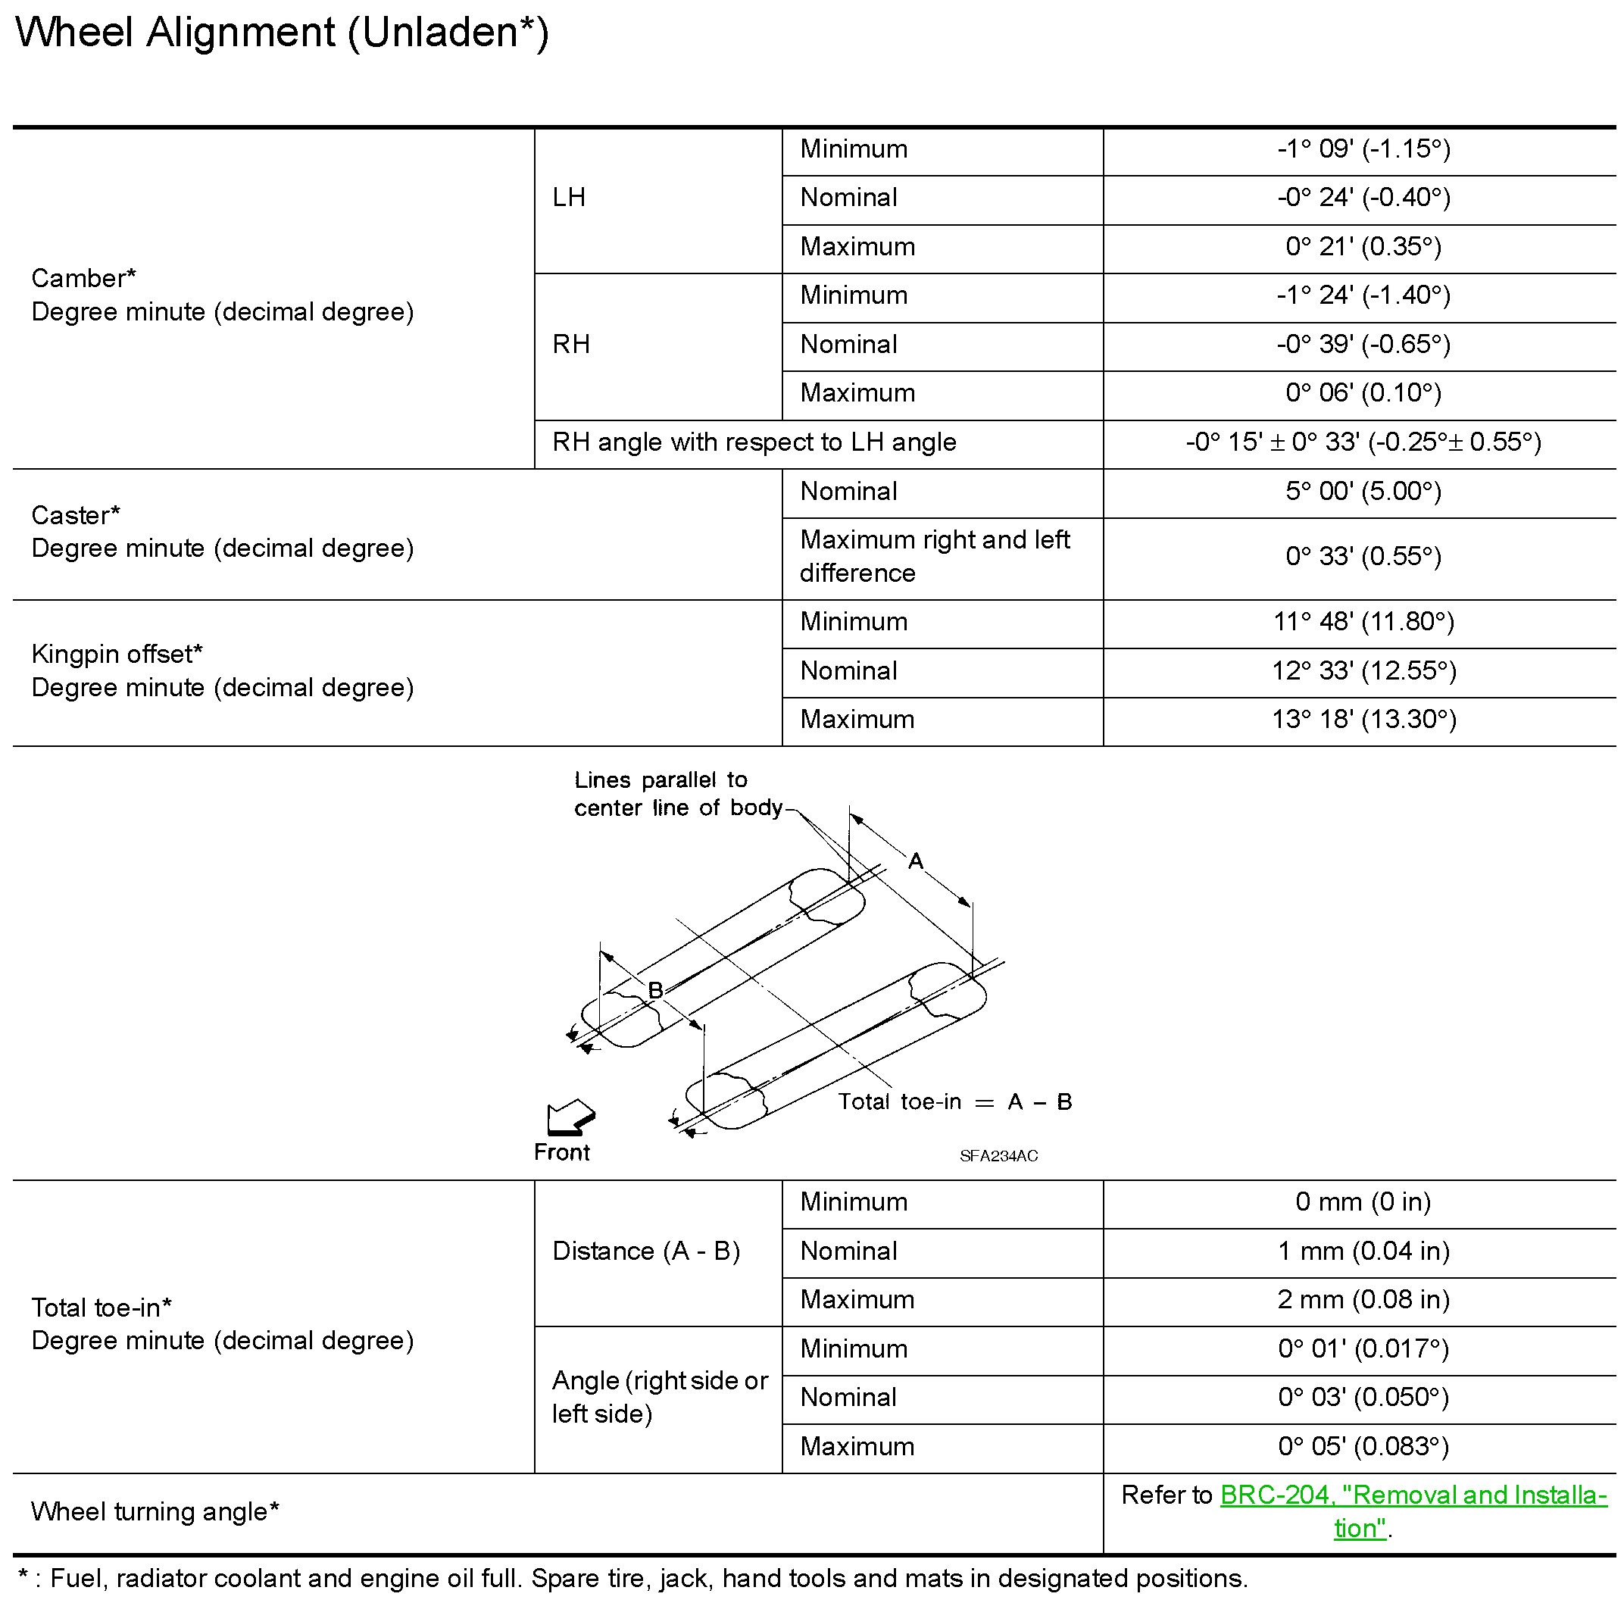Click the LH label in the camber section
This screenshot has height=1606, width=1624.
[568, 198]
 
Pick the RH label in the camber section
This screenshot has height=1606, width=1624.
[571, 345]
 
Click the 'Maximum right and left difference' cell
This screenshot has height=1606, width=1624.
[934, 557]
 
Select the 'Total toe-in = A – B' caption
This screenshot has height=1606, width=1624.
[955, 1102]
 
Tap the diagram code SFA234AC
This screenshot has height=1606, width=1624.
[998, 1156]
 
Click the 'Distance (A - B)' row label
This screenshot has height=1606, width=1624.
[645, 1251]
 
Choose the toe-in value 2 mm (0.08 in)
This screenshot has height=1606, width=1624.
[1363, 1300]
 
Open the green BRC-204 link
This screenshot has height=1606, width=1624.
[1412, 1495]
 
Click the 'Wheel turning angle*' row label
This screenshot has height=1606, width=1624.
[155, 1512]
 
